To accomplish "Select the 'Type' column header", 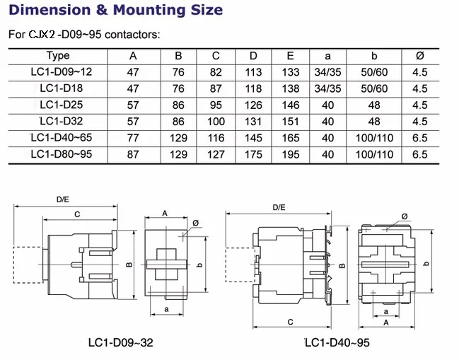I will click(58, 56).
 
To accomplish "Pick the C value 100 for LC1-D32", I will click(216, 121).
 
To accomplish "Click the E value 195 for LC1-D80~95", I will click(290, 154).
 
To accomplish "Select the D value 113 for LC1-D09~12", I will click(253, 72).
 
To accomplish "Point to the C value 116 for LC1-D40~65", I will click(216, 138).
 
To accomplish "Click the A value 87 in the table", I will click(133, 154).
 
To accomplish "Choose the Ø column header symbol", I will click(419, 56).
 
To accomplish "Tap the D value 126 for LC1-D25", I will click(253, 105).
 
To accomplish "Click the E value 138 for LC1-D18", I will click(290, 88).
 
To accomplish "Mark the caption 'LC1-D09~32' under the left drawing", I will click(120, 343).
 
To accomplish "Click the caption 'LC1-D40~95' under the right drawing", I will click(337, 343).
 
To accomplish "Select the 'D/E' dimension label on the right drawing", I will click(279, 207).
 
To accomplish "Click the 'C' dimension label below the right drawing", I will click(291, 322).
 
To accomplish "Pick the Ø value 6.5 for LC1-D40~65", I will click(419, 138).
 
